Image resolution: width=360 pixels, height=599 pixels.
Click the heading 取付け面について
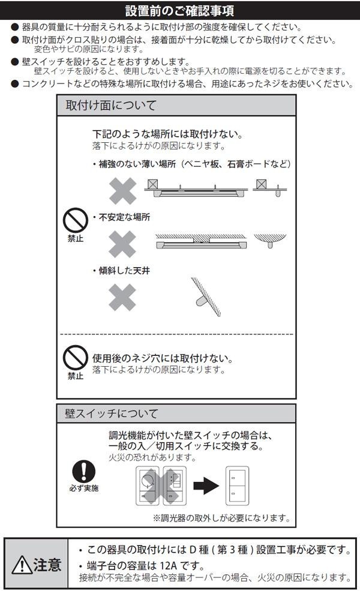point(111,106)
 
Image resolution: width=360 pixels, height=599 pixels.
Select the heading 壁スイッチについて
point(112,414)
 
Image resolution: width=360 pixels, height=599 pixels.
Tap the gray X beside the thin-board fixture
point(122,190)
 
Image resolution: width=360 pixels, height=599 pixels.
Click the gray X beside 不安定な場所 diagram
point(122,243)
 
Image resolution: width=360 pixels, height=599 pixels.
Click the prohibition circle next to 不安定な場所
point(75,220)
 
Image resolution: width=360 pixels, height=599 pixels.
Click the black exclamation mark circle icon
point(83,471)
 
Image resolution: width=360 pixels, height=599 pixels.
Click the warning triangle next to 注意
point(23,565)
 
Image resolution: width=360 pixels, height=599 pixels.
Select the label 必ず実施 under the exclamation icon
point(83,489)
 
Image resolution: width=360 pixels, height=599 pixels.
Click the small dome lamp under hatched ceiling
point(271,240)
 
